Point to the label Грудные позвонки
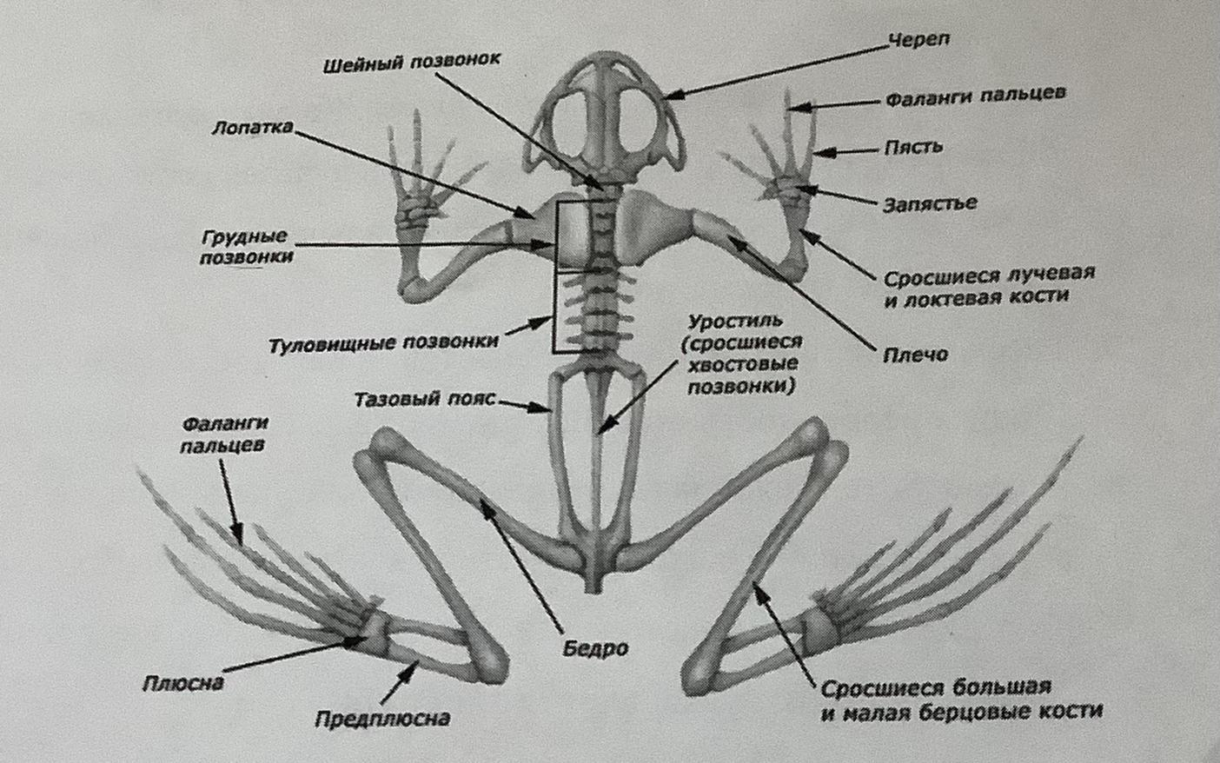(246, 247)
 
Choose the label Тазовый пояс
(424, 400)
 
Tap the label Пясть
(913, 147)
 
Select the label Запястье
(930, 204)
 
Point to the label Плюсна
(183, 683)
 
